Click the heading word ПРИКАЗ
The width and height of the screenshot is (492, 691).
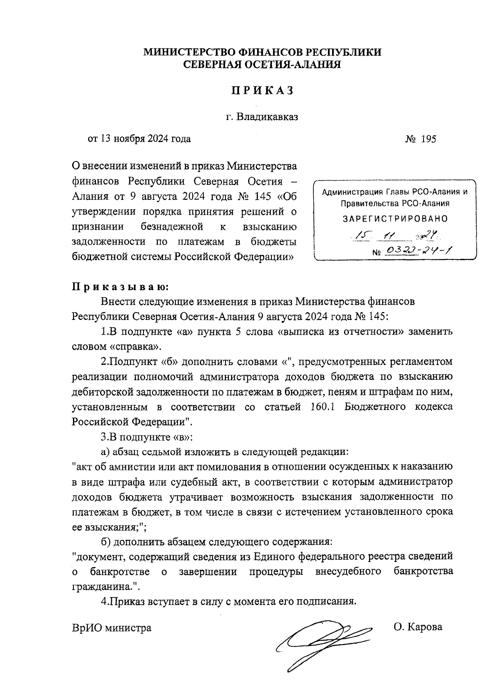click(x=262, y=91)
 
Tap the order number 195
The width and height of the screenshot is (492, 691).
click(x=428, y=139)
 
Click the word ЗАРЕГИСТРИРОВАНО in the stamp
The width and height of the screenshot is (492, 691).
click(x=395, y=219)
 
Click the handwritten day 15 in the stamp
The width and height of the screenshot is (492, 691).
click(x=363, y=235)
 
